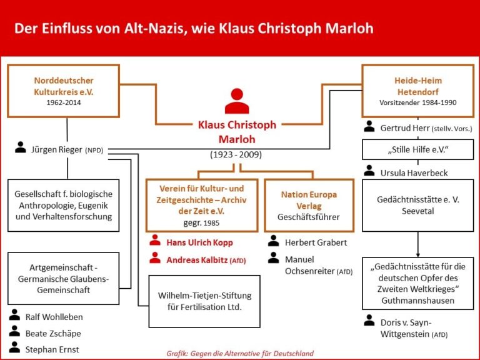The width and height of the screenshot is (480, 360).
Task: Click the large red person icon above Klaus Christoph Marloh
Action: (237, 101)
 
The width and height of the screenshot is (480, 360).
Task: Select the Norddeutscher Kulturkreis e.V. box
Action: (63, 91)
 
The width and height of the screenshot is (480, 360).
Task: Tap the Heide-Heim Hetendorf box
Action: (418, 91)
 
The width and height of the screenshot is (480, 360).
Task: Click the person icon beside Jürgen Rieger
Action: (21, 147)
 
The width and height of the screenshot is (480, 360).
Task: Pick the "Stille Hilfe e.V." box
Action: (418, 150)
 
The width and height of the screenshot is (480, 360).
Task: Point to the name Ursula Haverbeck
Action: (414, 173)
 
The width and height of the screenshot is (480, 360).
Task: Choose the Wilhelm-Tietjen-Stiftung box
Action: (204, 301)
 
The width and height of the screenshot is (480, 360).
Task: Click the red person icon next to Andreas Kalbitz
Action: (155, 257)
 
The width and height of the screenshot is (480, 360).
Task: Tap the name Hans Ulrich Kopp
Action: (199, 242)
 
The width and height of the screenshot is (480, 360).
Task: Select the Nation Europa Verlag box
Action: (309, 206)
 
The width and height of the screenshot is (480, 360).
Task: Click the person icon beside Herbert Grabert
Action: (273, 241)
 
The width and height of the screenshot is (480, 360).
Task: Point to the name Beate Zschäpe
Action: (53, 333)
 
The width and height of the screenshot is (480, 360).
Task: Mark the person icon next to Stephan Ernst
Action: (14, 347)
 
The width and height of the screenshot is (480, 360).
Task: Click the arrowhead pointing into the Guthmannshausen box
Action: (418, 255)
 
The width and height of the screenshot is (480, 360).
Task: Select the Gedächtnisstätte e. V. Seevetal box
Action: (418, 206)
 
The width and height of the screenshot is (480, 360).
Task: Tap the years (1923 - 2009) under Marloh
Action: (236, 154)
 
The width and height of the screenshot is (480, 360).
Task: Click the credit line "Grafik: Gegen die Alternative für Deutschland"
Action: (240, 353)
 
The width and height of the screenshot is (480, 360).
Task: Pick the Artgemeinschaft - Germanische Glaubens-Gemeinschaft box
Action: (63, 279)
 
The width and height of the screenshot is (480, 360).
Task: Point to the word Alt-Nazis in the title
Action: (155, 29)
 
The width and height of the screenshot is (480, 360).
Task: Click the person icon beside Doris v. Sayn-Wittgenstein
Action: (369, 321)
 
